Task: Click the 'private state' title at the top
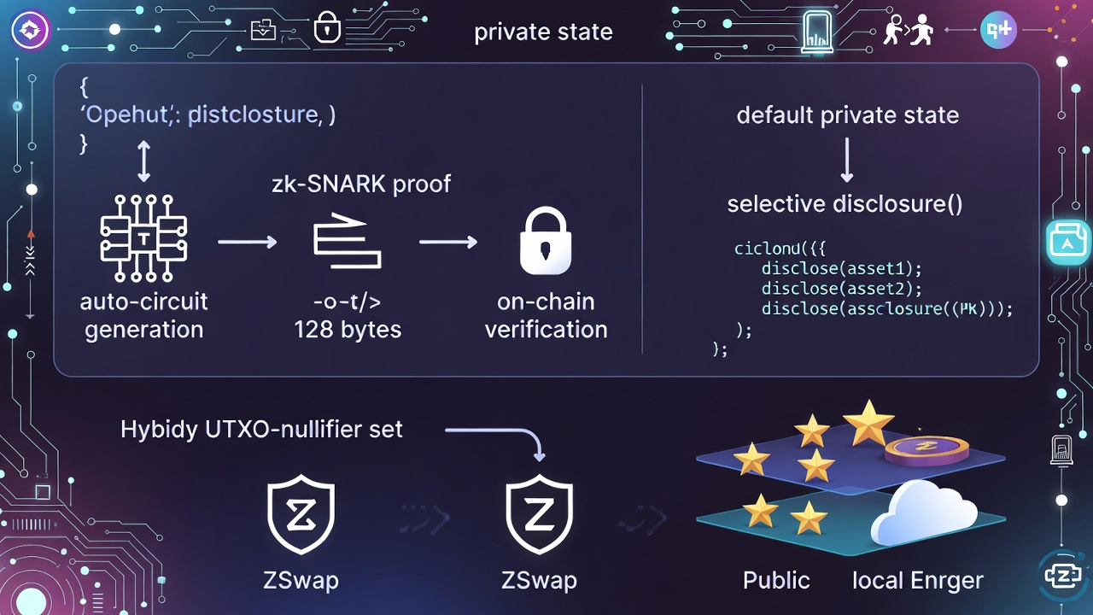[x=543, y=32]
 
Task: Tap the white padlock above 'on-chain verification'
[x=546, y=243]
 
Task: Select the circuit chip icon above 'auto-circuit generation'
[x=143, y=237]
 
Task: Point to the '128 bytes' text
[x=348, y=330]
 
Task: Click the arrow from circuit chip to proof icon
[x=248, y=243]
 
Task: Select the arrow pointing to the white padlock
[x=448, y=243]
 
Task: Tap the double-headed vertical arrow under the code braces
[x=143, y=161]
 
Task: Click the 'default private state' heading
[x=847, y=115]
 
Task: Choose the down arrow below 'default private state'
[x=847, y=161]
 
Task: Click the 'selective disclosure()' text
[x=845, y=204]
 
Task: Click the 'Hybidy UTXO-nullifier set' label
[x=261, y=429]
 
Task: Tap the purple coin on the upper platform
[x=926, y=448]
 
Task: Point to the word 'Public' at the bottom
[x=775, y=581]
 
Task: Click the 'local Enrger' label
[x=917, y=581]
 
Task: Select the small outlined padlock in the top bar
[x=326, y=29]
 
